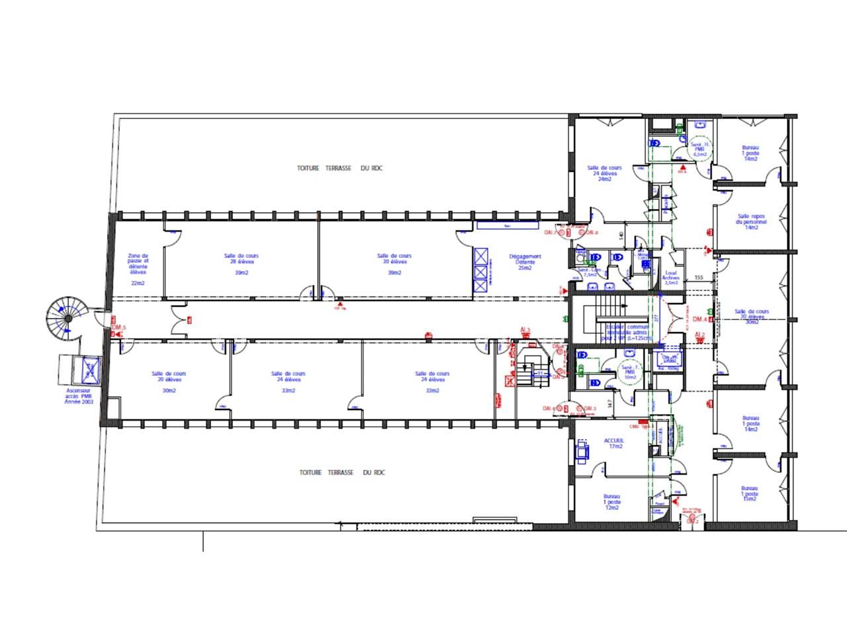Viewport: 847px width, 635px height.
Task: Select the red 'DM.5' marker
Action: coord(118,328)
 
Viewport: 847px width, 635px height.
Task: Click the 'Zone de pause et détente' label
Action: coord(138,264)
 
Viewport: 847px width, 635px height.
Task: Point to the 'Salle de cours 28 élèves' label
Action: coord(242,261)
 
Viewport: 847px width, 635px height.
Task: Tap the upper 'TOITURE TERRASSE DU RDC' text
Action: coord(339,169)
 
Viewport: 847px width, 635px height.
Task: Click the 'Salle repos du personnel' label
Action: coord(751,222)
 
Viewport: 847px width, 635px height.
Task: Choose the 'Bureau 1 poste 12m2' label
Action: coord(612,501)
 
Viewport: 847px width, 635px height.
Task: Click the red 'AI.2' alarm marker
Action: coord(700,335)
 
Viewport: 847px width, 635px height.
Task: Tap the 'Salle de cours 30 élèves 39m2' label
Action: coord(394,261)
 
